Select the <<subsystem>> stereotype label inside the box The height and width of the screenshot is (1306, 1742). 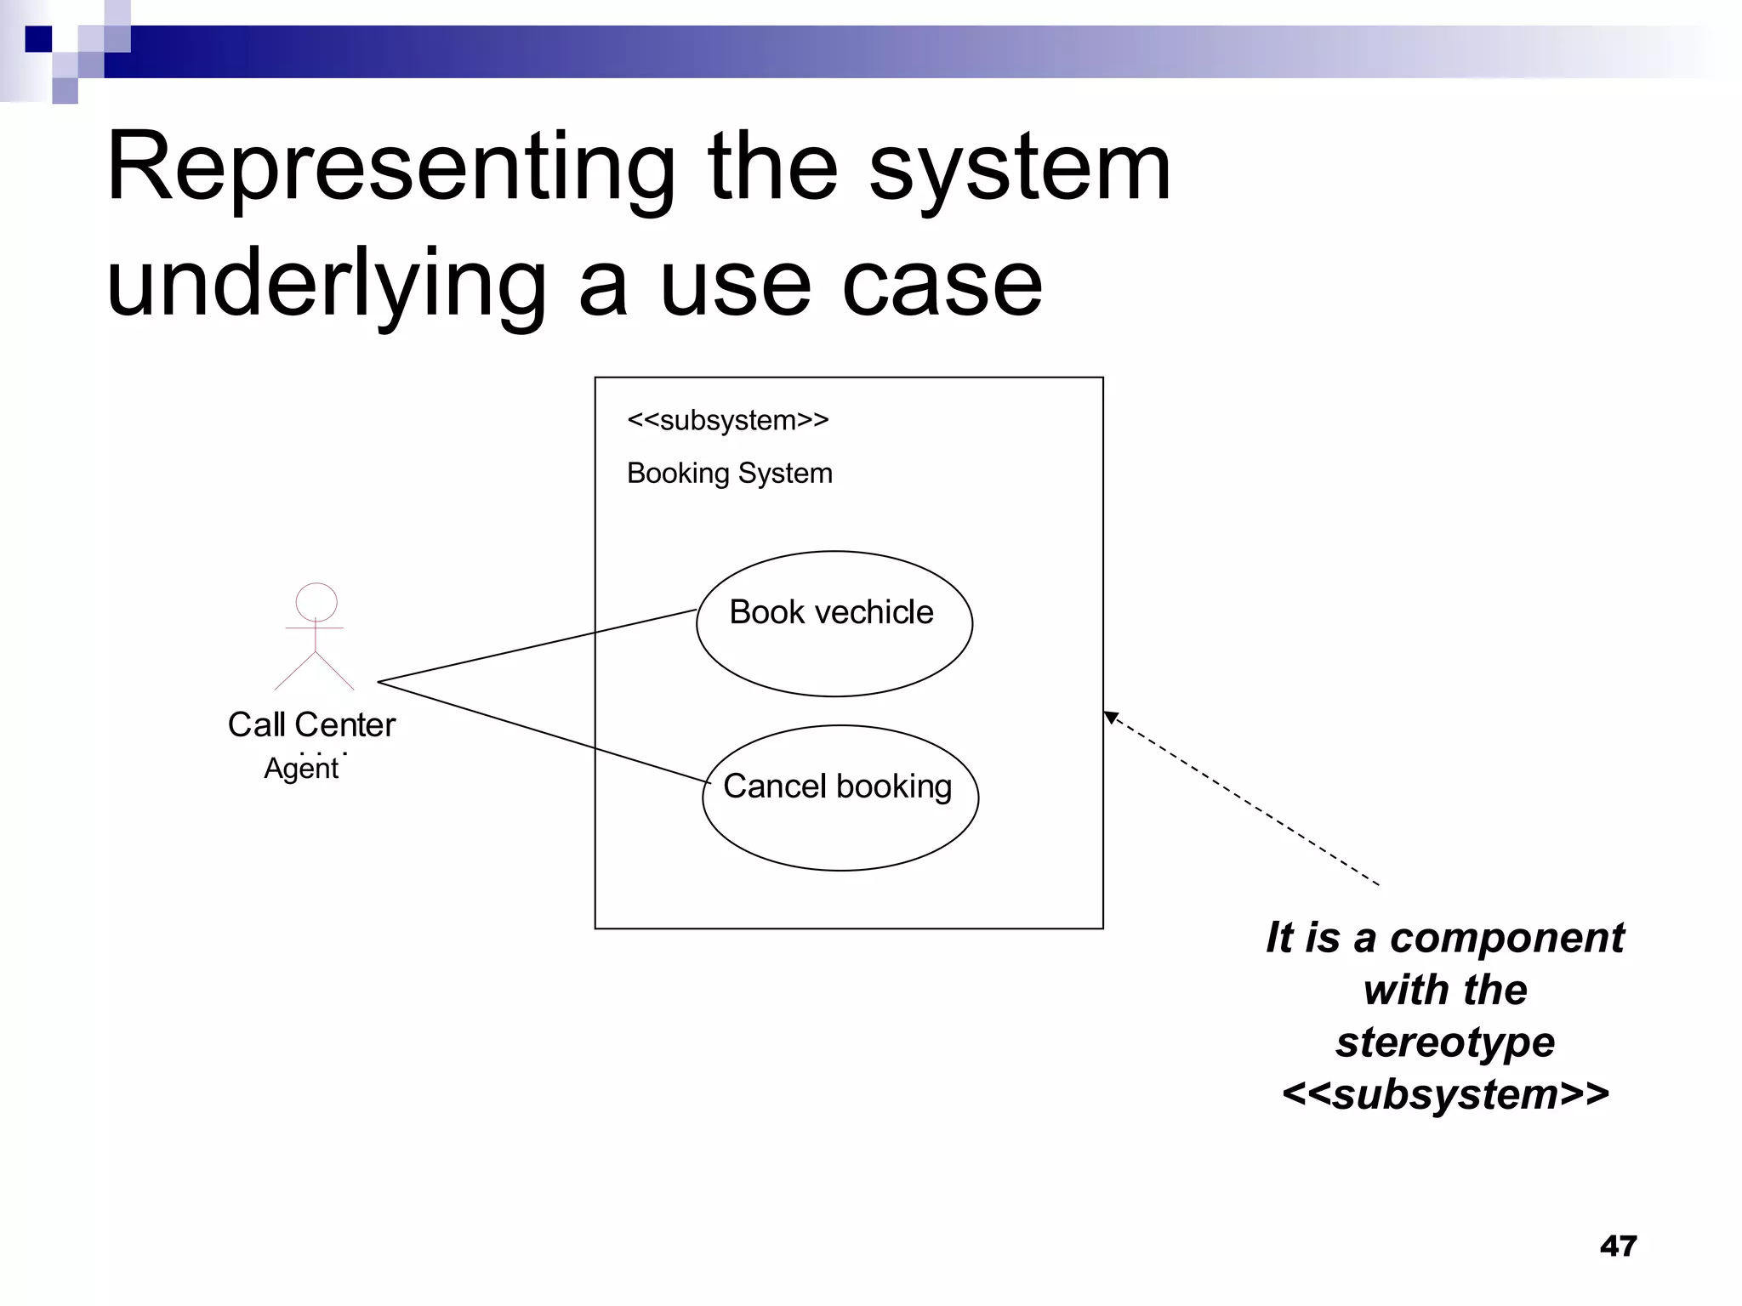tap(727, 420)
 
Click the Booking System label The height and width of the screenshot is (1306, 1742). tap(729, 473)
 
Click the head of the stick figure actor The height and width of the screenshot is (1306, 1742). tap(316, 602)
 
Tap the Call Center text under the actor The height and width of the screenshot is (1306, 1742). tap(311, 724)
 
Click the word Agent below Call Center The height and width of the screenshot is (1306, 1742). tap(301, 769)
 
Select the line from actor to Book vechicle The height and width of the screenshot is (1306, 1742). tap(536, 645)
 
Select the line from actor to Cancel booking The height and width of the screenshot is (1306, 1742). tap(544, 733)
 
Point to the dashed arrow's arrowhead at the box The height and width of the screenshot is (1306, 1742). tap(1111, 718)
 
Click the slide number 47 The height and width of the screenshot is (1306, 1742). tap(1617, 1246)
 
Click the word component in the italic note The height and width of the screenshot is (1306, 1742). tap(1506, 938)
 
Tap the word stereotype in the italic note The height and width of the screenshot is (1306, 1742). tap(1445, 1042)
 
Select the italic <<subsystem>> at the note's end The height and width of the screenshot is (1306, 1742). tap(1445, 1094)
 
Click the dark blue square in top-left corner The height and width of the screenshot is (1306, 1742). tap(38, 39)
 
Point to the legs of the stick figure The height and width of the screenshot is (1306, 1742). tap(315, 671)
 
